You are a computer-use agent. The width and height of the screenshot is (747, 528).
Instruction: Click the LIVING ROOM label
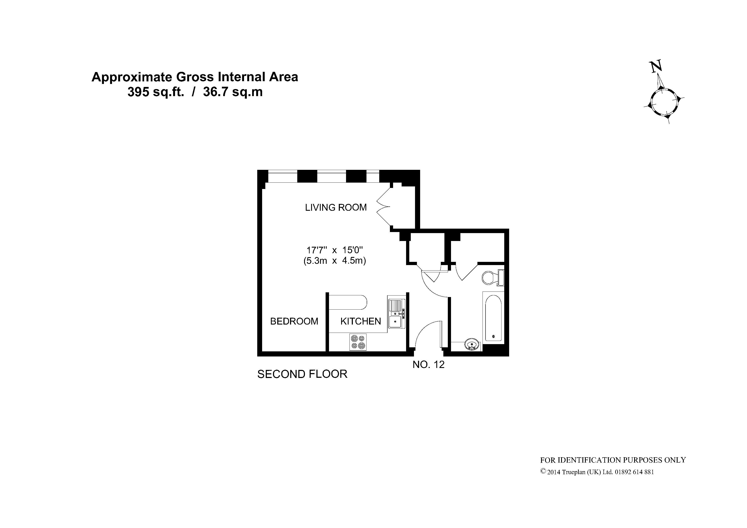(x=336, y=207)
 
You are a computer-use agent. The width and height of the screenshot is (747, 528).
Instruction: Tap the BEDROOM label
(x=294, y=321)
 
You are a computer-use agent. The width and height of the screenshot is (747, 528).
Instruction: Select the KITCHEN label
(x=361, y=321)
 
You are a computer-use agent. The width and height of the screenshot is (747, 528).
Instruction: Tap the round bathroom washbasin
(x=472, y=344)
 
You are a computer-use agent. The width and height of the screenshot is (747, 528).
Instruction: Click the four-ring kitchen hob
(x=358, y=342)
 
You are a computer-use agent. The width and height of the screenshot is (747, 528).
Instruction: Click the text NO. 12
(x=428, y=365)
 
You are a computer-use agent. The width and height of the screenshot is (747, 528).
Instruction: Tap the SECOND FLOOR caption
(x=302, y=374)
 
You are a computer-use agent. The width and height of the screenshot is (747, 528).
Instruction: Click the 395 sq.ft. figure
(x=156, y=92)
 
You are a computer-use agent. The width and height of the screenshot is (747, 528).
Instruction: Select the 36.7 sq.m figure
(x=233, y=92)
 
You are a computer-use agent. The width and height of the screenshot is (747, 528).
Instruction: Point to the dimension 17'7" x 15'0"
(x=335, y=250)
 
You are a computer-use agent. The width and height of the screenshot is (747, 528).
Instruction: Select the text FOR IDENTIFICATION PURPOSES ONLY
(x=613, y=460)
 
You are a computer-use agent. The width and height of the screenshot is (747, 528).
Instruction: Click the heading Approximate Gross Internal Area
(x=195, y=77)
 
